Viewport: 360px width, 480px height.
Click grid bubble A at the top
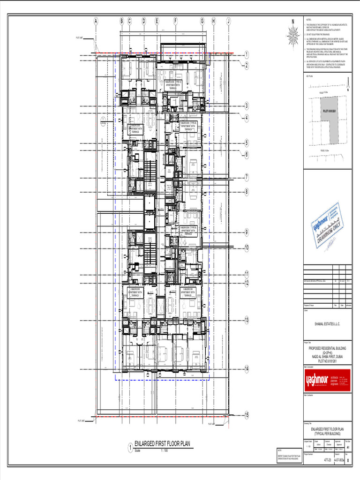[x=96, y=21]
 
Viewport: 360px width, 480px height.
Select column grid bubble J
[x=228, y=21]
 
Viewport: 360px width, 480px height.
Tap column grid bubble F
[x=175, y=21]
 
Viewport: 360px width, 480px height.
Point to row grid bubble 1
[x=246, y=55]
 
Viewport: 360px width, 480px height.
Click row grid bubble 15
[x=246, y=414]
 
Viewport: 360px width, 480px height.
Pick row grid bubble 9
[x=246, y=232]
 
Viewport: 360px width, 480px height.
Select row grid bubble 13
[x=246, y=320]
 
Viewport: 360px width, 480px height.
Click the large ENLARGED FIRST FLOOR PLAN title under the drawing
[x=162, y=444]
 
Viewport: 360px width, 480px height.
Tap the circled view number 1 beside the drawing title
[x=130, y=448]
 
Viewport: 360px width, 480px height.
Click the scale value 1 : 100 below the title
[x=164, y=451]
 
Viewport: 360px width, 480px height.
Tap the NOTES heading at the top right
[x=308, y=21]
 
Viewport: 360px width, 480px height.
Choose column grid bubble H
[x=213, y=21]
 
